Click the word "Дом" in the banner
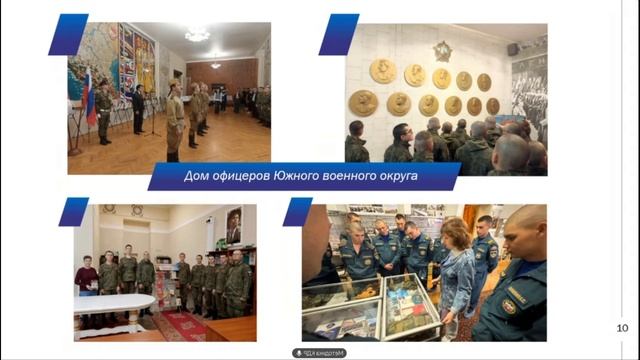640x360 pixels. pos(198,177)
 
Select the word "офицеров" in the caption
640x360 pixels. pos(247,177)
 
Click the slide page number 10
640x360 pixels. pos(622,328)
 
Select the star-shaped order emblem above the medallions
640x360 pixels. pos(442,50)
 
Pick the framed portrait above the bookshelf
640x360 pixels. pos(233,225)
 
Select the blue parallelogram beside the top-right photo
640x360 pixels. pos(338,34)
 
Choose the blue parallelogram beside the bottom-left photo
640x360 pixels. pos(73,211)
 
